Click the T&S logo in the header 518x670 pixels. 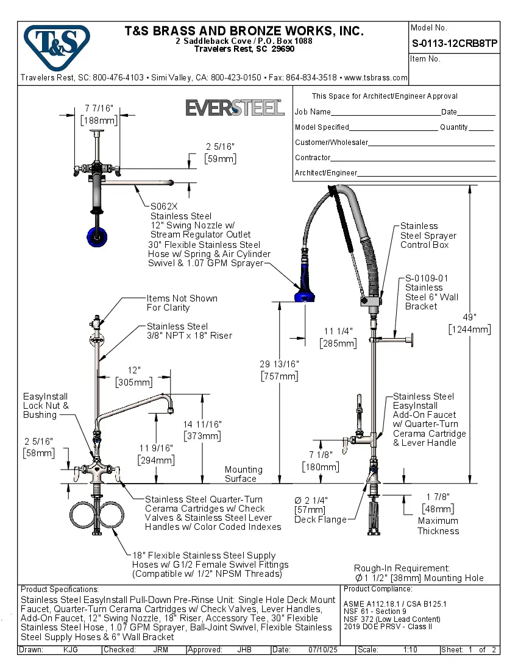pyautogui.click(x=56, y=43)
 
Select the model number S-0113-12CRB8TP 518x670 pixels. pyautogui.click(x=454, y=44)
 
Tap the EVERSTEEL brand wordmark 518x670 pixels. pyautogui.click(x=235, y=108)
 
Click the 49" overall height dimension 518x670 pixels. pyautogui.click(x=469, y=317)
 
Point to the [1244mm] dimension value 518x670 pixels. pyautogui.click(x=469, y=330)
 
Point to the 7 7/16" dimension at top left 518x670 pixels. pyautogui.click(x=99, y=108)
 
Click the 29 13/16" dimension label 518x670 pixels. pyautogui.click(x=279, y=364)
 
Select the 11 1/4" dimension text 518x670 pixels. pyautogui.click(x=338, y=331)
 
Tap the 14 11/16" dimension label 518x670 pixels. pyautogui.click(x=203, y=424)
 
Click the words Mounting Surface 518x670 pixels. pyautogui.click(x=244, y=474)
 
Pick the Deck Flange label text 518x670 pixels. pyautogui.click(x=320, y=520)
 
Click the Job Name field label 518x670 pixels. pyautogui.click(x=313, y=112)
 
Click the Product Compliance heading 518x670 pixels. pyautogui.click(x=378, y=589)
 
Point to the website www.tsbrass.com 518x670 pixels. pyautogui.click(x=375, y=78)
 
